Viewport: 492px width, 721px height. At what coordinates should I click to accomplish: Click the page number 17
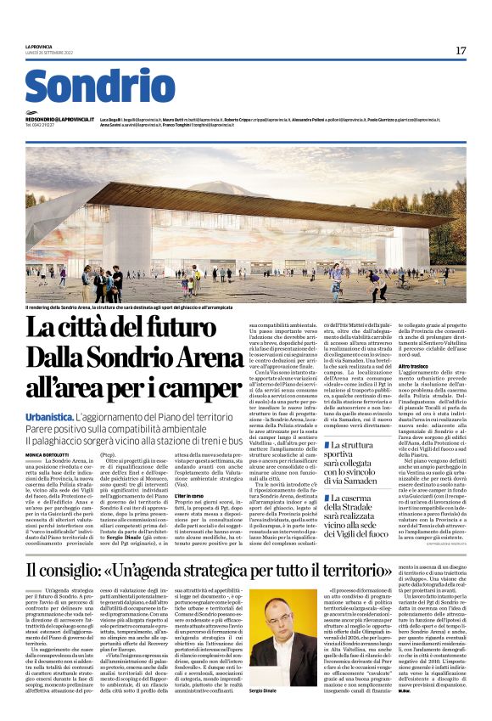pos(461,51)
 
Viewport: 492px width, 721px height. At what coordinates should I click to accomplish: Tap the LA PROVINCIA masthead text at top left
pos(39,47)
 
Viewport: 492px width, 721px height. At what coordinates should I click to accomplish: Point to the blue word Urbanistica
pos(48,420)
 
